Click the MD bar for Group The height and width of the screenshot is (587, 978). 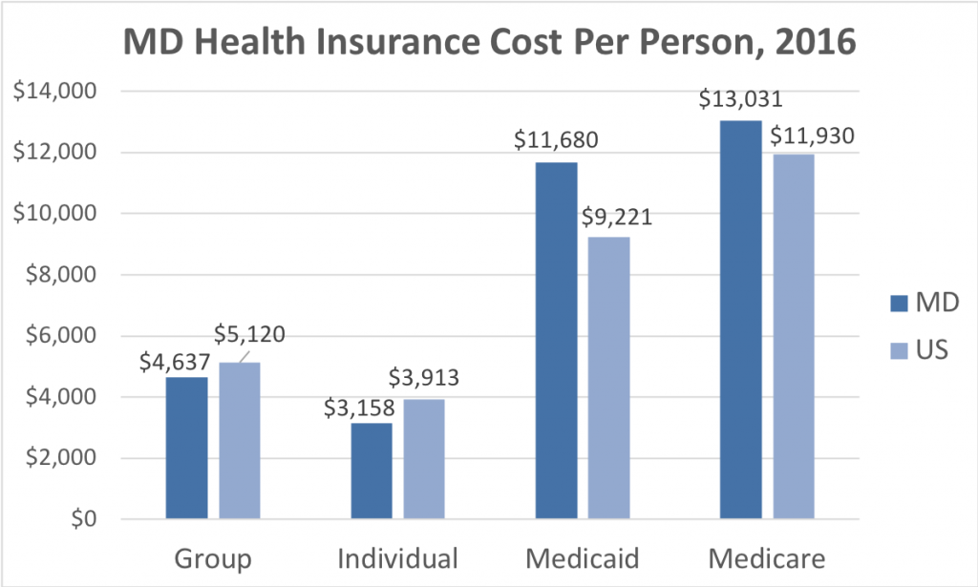186,449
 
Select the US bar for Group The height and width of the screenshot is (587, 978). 239,441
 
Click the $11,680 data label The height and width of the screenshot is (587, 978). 557,140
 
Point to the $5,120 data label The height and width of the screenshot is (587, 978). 250,335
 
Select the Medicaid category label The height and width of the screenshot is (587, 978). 582,557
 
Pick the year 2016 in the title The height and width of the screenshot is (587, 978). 811,45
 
